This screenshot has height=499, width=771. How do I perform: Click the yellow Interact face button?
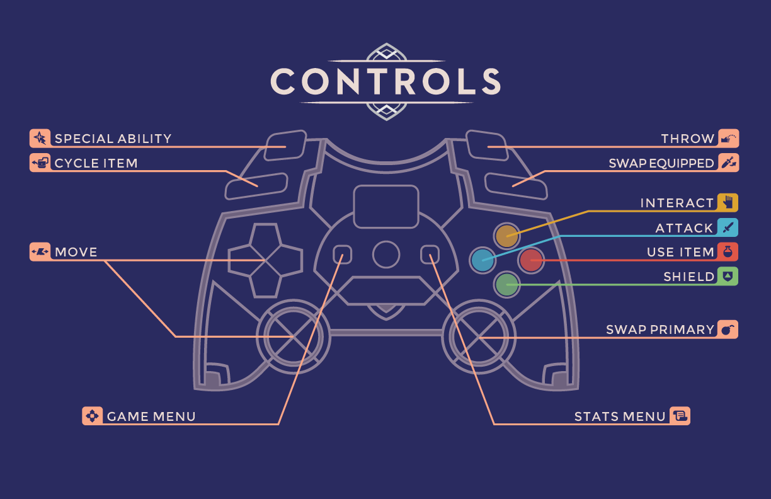click(x=506, y=236)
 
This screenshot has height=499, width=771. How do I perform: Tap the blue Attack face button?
click(x=483, y=260)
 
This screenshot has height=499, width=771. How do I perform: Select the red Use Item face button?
click(x=530, y=260)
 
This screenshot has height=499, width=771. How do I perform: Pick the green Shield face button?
click(x=506, y=284)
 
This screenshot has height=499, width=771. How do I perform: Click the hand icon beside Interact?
click(x=728, y=202)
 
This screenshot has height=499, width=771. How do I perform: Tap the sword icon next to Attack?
click(x=728, y=227)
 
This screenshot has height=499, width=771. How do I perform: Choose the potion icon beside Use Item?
click(x=728, y=251)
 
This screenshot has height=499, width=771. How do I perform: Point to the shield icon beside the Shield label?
click(x=728, y=276)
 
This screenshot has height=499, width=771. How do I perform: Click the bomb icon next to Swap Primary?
click(x=728, y=329)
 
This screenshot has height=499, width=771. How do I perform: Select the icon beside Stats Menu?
click(x=680, y=415)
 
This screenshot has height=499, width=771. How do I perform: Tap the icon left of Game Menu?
click(x=92, y=416)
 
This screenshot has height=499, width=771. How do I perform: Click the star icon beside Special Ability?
click(x=40, y=138)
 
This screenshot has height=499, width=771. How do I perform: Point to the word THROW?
click(x=687, y=139)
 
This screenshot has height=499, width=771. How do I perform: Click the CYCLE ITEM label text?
click(x=96, y=163)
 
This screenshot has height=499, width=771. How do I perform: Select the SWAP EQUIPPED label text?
click(x=661, y=163)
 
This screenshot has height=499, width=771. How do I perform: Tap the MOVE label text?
click(x=76, y=252)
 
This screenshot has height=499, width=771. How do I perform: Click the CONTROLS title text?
click(x=385, y=81)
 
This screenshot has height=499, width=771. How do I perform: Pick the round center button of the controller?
click(x=385, y=254)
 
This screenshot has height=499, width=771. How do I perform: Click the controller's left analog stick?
click(x=293, y=336)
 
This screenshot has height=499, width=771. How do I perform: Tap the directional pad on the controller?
click(x=265, y=260)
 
